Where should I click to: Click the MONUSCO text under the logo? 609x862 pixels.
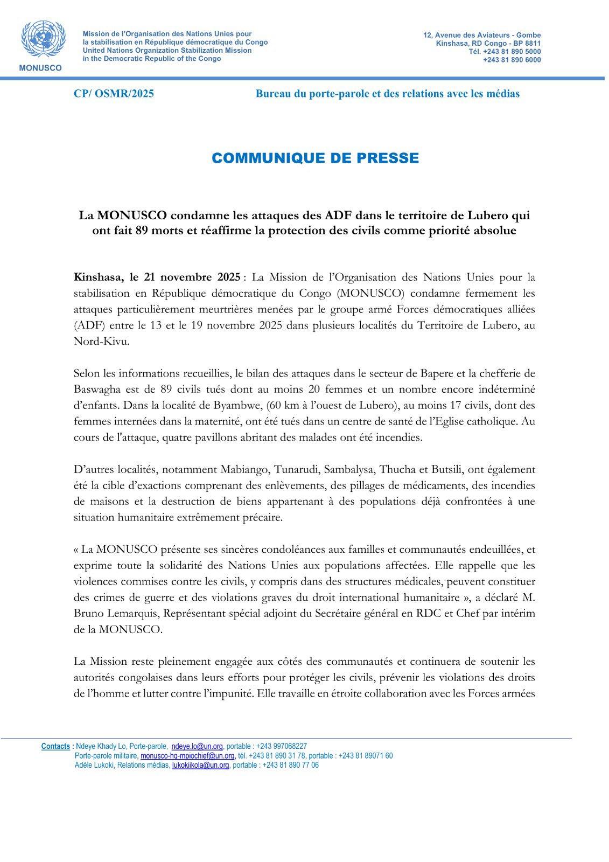40,68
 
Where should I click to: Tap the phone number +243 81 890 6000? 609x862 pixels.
512,60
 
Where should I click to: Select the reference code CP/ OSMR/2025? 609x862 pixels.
114,94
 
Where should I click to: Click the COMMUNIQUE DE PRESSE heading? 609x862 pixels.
315,158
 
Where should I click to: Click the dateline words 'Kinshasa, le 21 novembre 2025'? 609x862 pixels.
157,278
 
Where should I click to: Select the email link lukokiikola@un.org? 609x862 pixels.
201,765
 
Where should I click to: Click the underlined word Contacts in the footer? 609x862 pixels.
55,746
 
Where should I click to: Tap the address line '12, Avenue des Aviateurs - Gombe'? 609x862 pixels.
482,35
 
